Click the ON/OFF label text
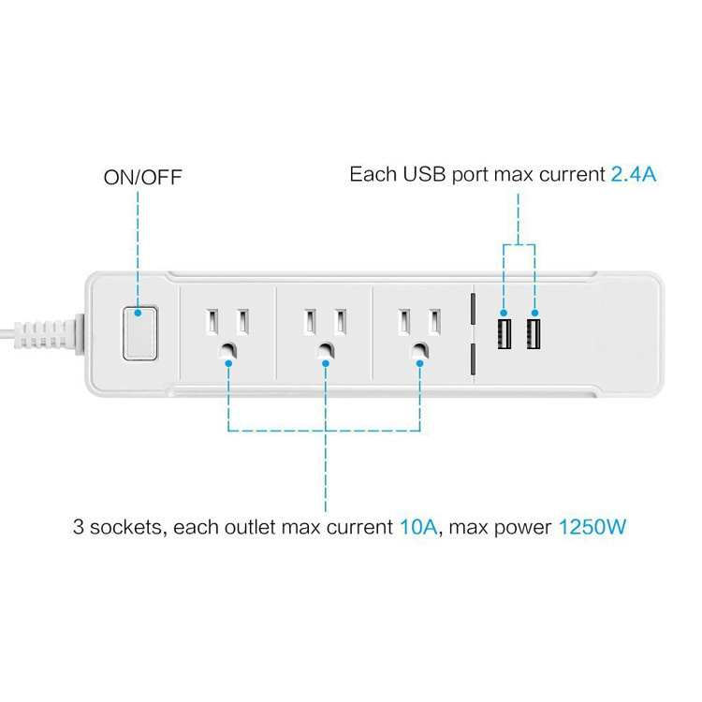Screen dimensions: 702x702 click(142, 177)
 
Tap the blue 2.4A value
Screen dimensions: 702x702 click(634, 174)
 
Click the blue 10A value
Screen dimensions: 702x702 click(418, 527)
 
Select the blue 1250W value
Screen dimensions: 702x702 click(592, 527)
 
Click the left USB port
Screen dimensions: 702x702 click(505, 334)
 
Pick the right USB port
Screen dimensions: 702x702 click(533, 334)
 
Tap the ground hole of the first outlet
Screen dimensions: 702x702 click(227, 351)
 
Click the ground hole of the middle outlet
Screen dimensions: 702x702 click(325, 351)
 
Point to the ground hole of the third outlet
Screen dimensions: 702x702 click(419, 351)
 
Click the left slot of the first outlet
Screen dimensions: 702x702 click(212, 321)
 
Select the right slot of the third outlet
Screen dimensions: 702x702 click(433, 321)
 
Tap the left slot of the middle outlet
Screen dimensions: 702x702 click(310, 321)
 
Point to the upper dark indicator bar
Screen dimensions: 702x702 click(473, 309)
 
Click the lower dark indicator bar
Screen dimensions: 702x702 click(473, 358)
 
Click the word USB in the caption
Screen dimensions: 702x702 click(424, 174)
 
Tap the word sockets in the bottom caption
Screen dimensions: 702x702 click(125, 527)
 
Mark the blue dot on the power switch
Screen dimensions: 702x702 click(138, 313)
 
